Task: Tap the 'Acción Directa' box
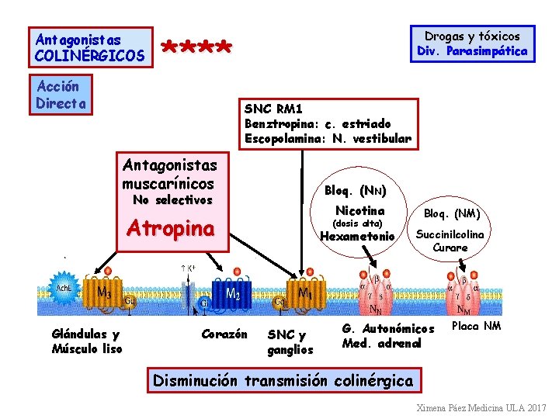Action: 62,94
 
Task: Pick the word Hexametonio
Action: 357,237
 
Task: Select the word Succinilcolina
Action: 450,234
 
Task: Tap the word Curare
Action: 450,248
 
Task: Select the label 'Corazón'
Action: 224,334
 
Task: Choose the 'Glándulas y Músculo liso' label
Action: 85,341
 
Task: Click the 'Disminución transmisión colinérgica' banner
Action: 283,380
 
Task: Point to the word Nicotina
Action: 359,211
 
